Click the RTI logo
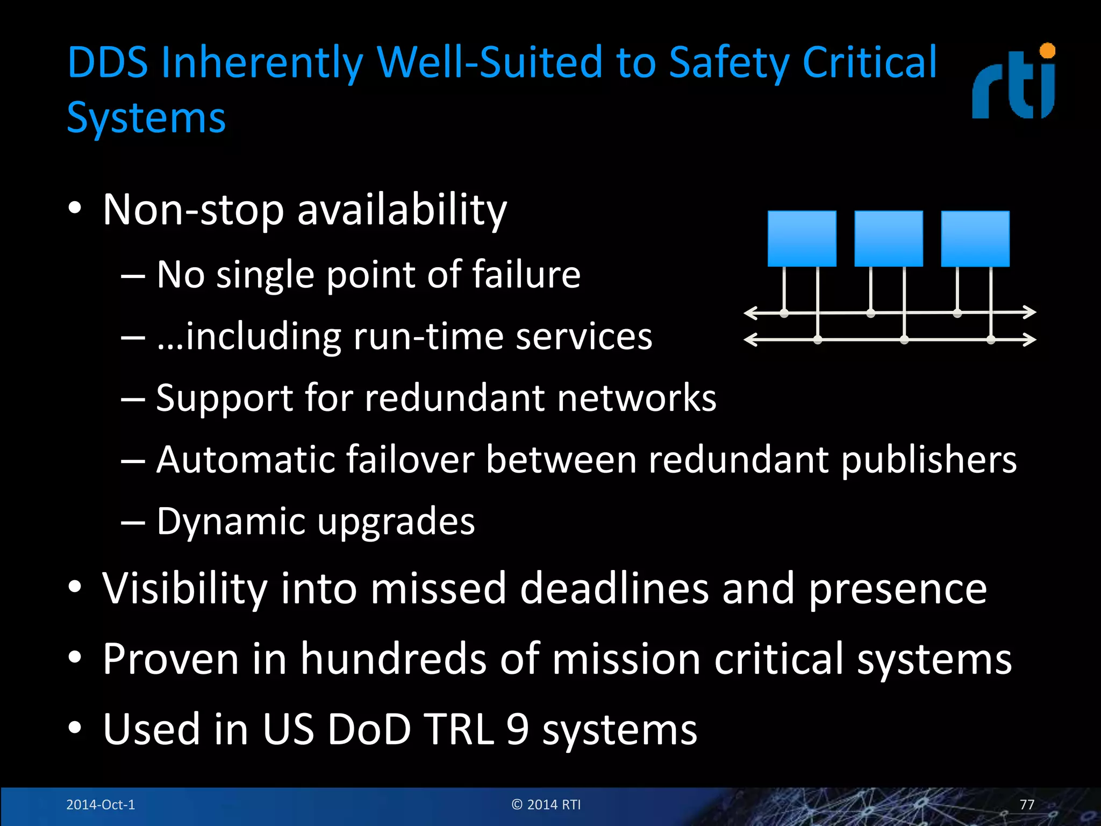pos(1014,82)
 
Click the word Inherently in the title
pos(262,63)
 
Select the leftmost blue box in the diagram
pos(802,239)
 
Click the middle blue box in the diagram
pos(888,239)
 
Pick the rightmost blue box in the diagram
pos(975,239)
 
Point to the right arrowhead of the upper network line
pos(1029,312)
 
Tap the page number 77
pos(1027,804)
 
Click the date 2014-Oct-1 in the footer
pos(101,804)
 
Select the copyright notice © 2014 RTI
pos(546,804)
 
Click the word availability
pos(402,210)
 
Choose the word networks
pos(637,398)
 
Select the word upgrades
pos(396,522)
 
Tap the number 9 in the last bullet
pos(517,729)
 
